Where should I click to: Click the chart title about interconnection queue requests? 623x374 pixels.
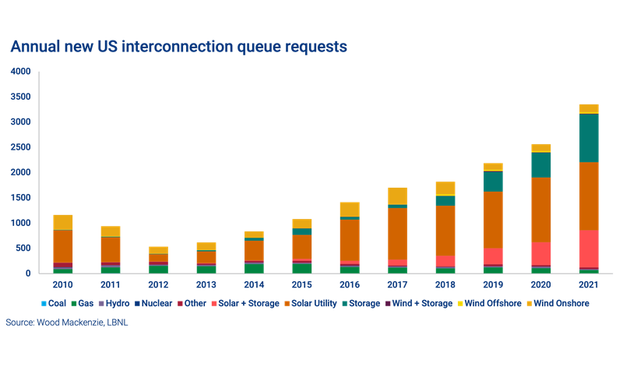(x=178, y=47)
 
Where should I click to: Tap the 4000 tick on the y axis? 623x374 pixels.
(x=21, y=72)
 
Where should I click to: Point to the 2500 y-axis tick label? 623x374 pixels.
(x=21, y=147)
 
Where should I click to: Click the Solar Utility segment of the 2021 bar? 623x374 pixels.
(x=589, y=196)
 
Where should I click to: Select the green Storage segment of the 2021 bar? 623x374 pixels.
(x=589, y=138)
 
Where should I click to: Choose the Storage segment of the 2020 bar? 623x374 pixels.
(x=540, y=164)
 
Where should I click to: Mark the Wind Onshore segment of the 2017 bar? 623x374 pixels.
(x=397, y=195)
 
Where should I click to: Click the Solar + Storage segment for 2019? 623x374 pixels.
(x=493, y=256)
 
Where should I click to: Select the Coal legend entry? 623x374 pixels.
(x=53, y=303)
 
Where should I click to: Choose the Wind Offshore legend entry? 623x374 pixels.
(x=488, y=303)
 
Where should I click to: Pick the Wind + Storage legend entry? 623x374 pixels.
(x=423, y=303)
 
